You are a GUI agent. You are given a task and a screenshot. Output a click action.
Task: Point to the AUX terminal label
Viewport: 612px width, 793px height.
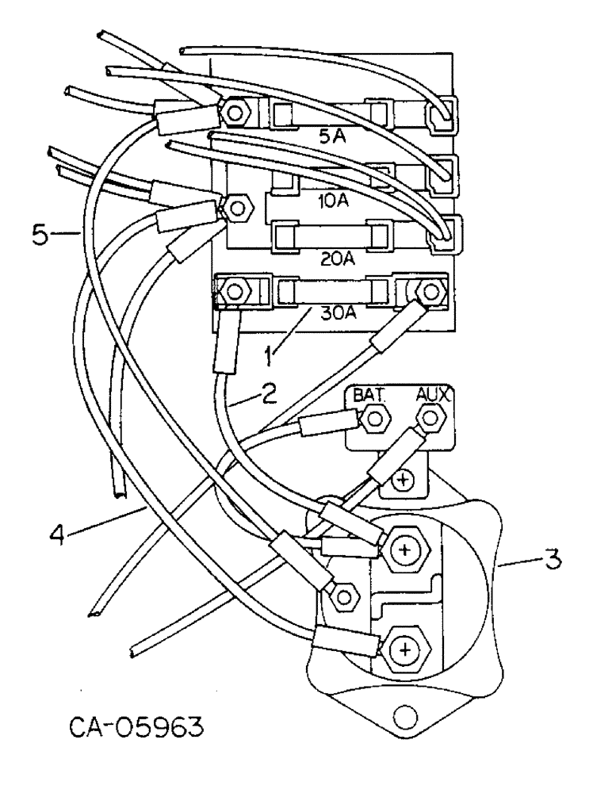[432, 394]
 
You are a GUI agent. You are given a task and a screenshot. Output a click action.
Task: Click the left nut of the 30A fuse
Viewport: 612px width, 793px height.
[233, 290]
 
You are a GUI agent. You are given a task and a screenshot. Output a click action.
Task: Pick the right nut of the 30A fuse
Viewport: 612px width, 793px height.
[430, 290]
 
